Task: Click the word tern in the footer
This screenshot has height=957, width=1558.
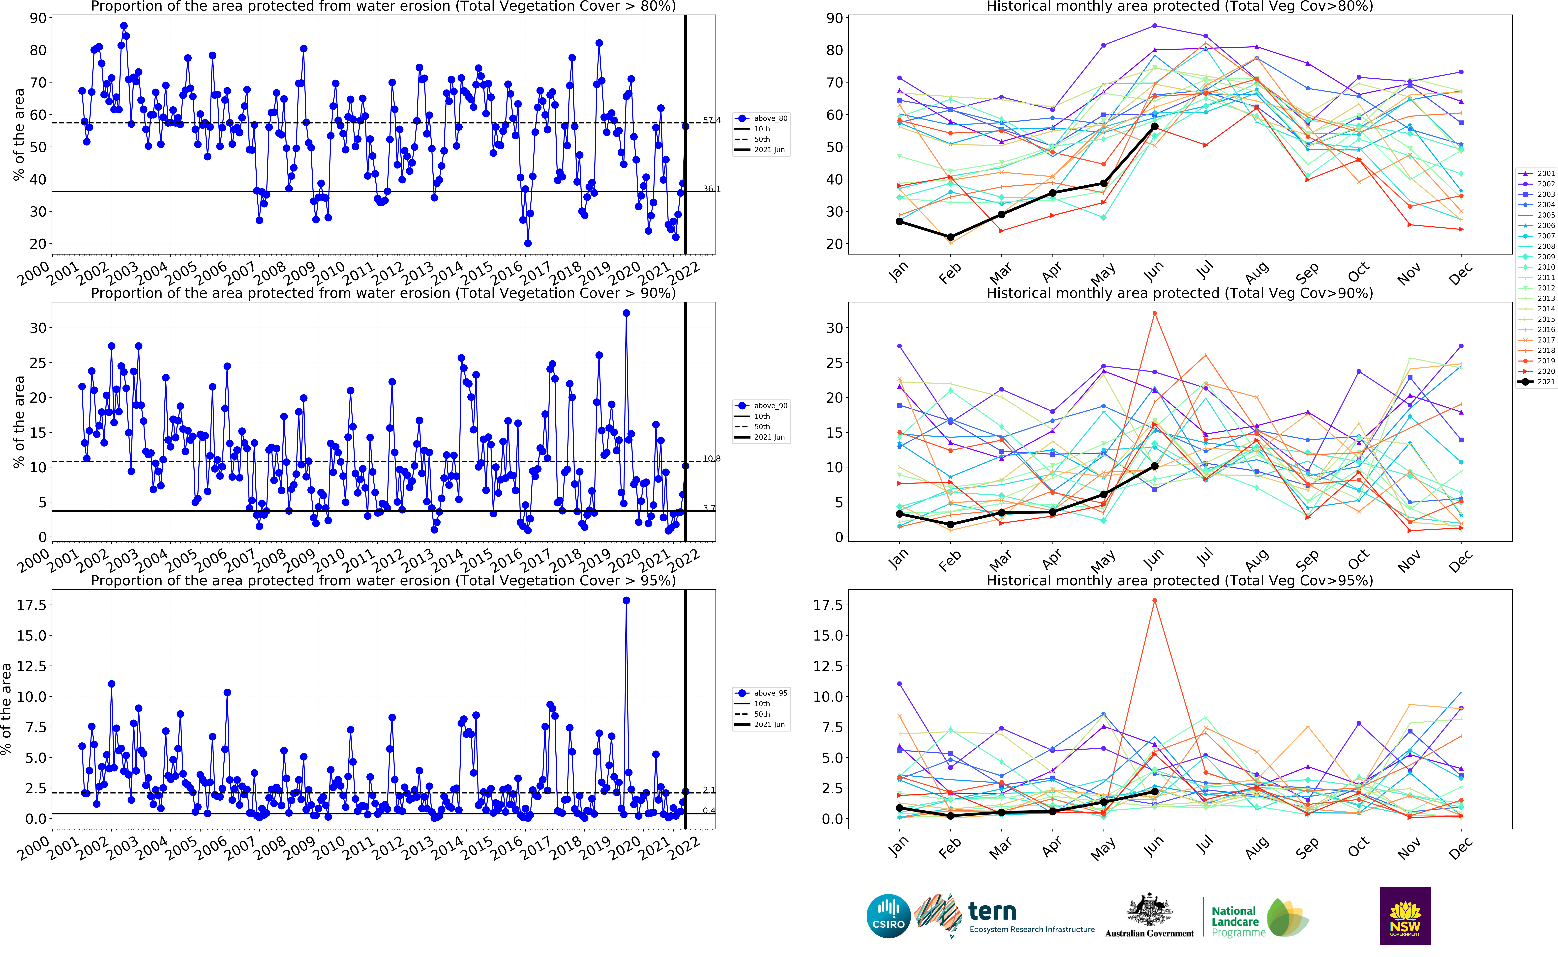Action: (x=992, y=911)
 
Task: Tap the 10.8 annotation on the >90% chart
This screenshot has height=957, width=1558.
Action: (x=712, y=458)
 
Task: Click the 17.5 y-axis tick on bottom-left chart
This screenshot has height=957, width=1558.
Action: (x=32, y=605)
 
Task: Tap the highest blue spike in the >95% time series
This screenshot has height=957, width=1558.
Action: (x=626, y=601)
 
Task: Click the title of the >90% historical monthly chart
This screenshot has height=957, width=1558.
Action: (x=1179, y=293)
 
